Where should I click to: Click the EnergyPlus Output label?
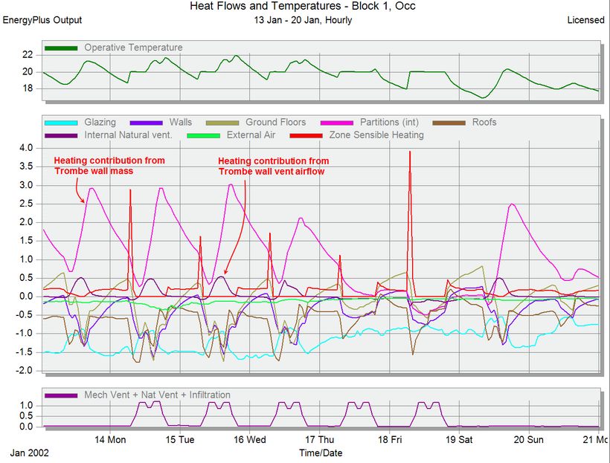point(42,20)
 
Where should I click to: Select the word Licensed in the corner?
point(585,20)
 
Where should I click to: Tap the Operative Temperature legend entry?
point(132,48)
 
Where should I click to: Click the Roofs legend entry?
point(484,122)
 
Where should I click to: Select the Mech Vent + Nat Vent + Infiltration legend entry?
point(157,395)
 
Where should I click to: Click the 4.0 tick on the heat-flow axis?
point(26,148)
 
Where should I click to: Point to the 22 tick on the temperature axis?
point(28,55)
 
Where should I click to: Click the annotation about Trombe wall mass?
point(109,166)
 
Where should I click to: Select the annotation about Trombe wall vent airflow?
point(273,166)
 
